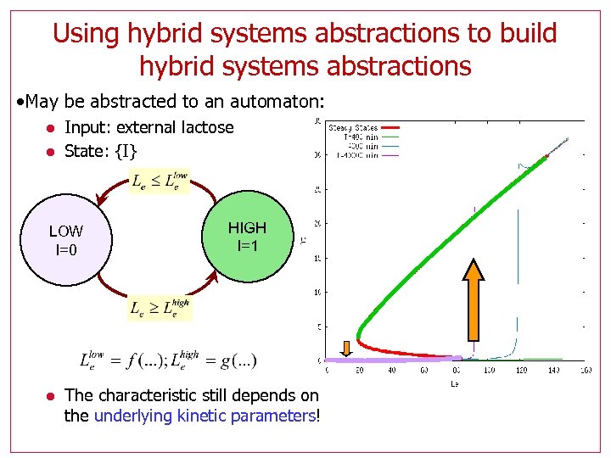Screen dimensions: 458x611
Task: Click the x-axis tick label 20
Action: point(359,369)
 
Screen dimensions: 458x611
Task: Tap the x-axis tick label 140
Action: point(554,369)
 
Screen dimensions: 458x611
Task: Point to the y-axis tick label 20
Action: point(316,224)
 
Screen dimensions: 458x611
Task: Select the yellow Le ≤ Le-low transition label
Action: point(160,180)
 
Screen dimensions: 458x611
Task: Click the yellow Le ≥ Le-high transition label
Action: point(160,307)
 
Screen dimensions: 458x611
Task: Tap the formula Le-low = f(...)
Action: point(121,360)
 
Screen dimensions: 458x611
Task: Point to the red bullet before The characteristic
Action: point(51,395)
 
